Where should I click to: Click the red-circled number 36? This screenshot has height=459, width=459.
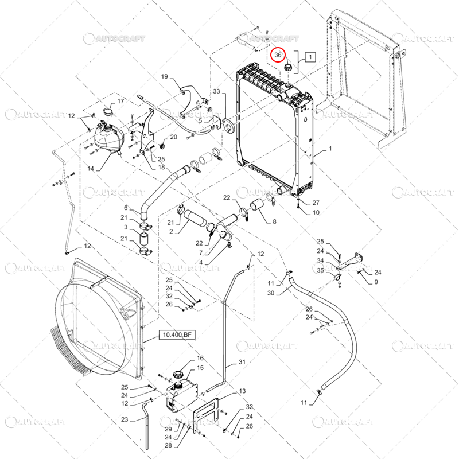[x=278, y=55]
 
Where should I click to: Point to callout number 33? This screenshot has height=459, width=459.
[x=216, y=92]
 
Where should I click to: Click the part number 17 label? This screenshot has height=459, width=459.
[x=120, y=102]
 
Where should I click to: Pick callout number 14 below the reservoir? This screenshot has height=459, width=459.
[x=91, y=170]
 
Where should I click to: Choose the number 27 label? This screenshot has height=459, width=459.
[x=316, y=203]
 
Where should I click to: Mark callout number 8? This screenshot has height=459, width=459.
[x=274, y=221]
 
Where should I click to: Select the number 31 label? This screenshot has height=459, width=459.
[x=242, y=362]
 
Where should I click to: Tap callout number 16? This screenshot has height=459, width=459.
[x=200, y=358]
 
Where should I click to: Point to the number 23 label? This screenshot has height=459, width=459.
[x=125, y=419]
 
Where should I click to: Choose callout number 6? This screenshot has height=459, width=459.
[x=126, y=207]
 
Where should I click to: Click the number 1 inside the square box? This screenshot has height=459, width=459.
[x=310, y=57]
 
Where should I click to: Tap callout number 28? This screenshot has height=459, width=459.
[x=169, y=445]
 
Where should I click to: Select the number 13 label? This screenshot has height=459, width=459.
[x=242, y=390]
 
